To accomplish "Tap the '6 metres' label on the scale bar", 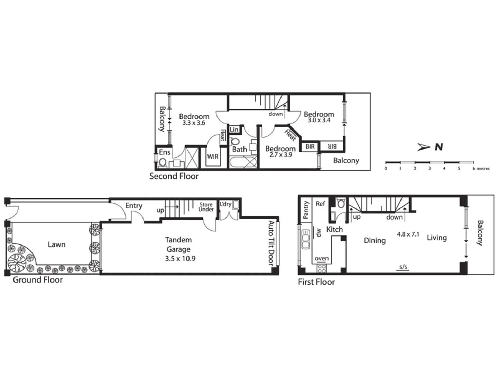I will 481,169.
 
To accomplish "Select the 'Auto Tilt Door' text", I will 271,243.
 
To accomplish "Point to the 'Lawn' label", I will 56,244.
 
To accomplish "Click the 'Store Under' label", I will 206,207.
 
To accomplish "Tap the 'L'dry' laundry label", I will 225,204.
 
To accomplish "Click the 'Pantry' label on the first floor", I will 306,210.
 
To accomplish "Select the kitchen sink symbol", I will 306,239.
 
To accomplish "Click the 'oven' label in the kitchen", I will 322,258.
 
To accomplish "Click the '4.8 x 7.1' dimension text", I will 408,234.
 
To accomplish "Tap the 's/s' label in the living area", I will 403,267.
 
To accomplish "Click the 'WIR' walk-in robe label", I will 213,157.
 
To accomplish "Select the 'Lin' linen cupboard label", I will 234,130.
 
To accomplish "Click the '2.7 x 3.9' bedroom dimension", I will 281,155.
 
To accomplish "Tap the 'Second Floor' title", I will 174,176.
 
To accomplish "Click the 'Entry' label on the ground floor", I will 134,206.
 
